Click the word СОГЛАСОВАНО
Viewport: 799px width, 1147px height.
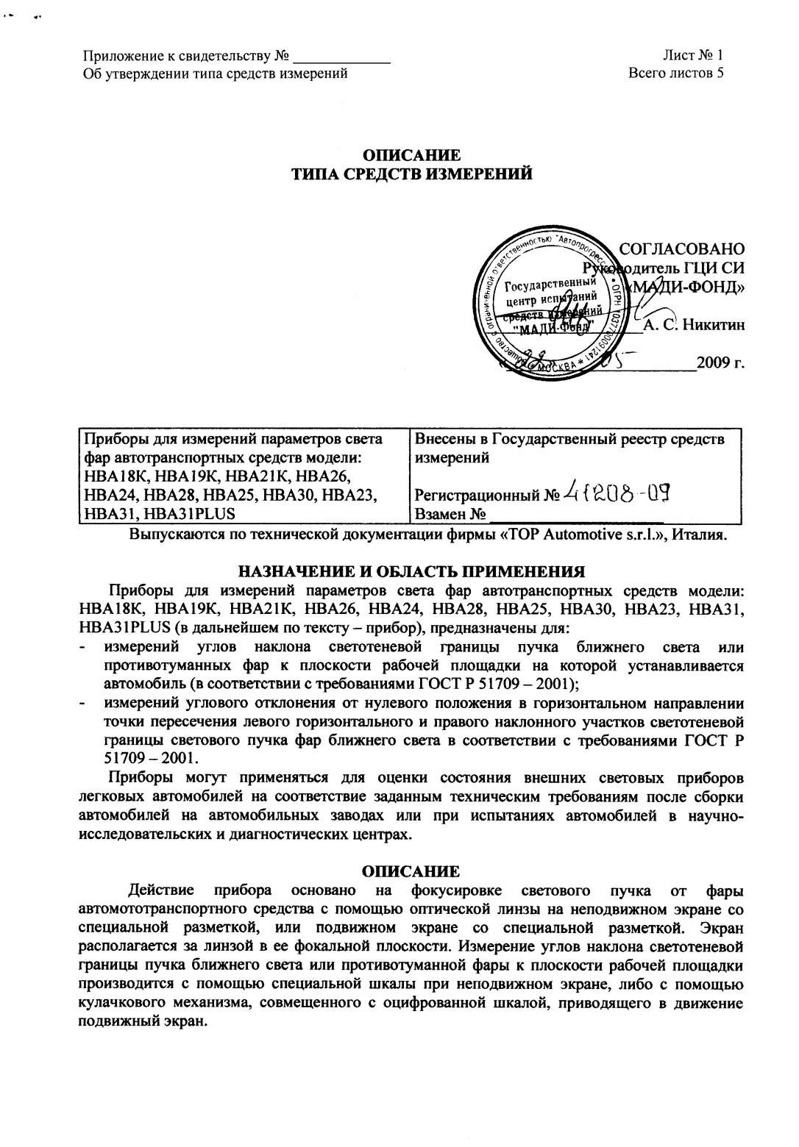[682, 249]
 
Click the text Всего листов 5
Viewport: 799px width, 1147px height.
[676, 73]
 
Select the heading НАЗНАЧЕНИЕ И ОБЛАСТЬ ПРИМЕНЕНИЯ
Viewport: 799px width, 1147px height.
[411, 571]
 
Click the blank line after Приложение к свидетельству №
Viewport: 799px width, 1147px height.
[340, 56]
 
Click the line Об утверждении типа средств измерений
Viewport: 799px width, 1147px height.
[214, 73]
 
